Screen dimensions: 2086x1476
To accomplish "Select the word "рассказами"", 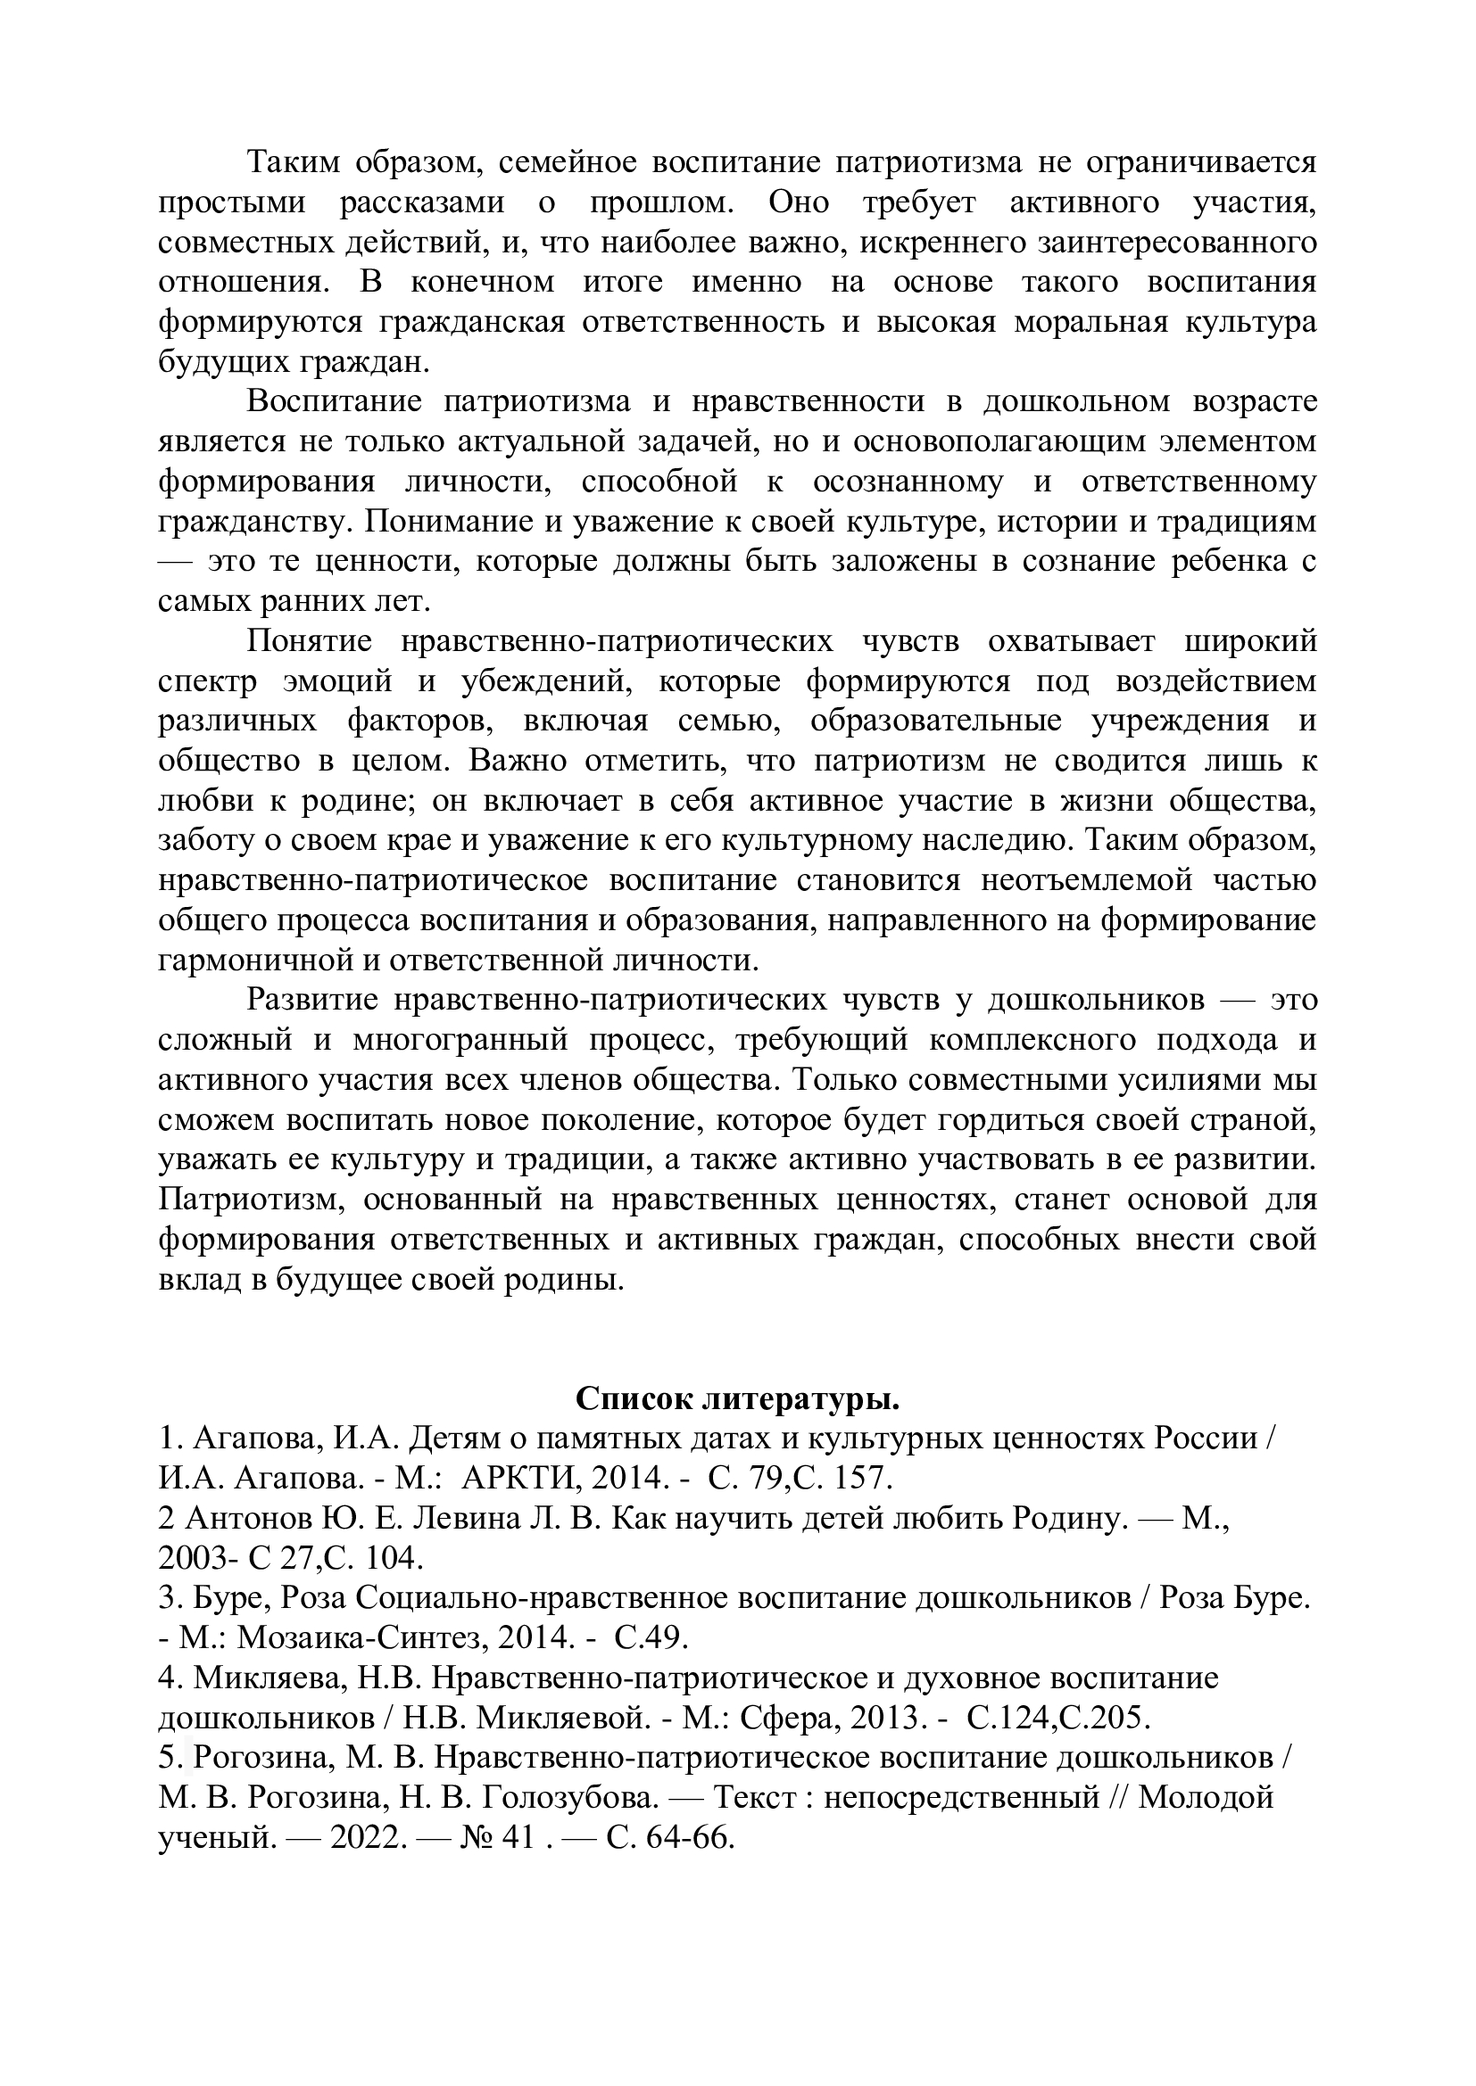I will [422, 202].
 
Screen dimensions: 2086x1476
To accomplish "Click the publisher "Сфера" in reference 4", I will [783, 1718].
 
